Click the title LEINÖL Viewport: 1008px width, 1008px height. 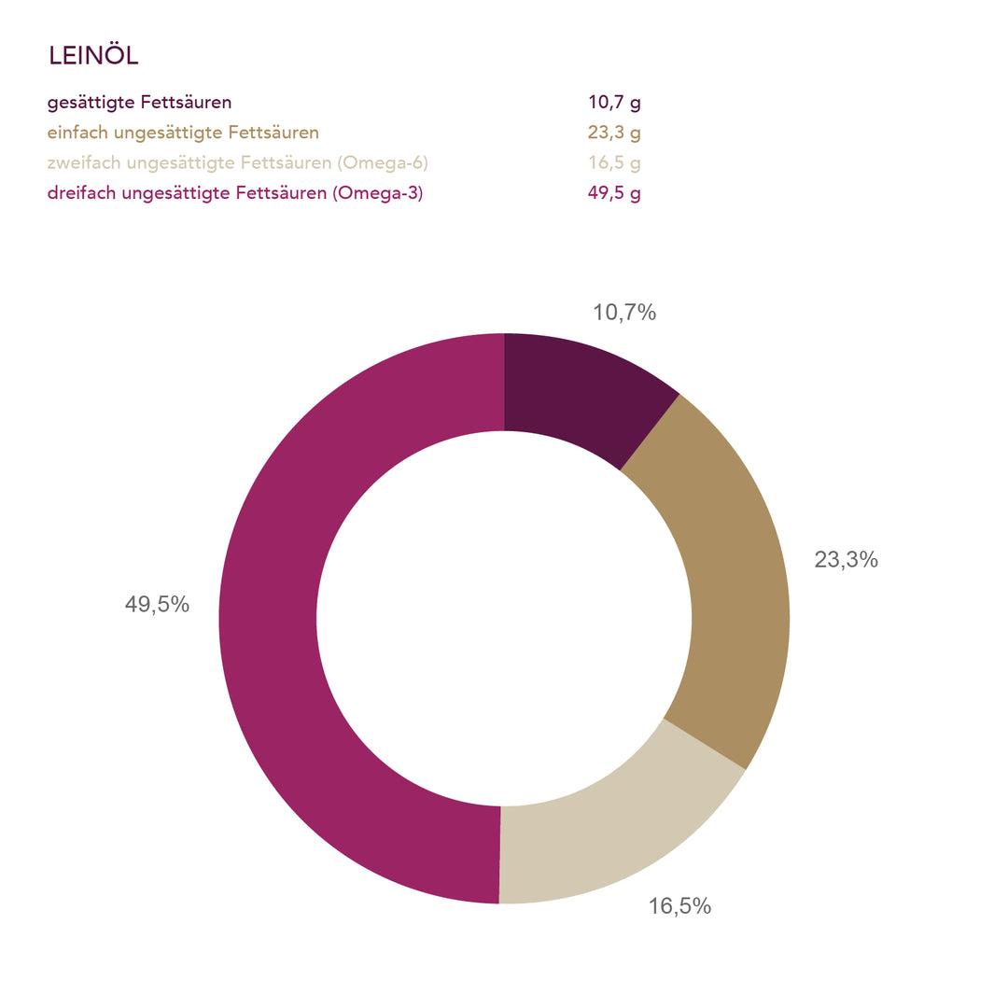[93, 56]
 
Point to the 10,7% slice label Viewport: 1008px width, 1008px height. [624, 314]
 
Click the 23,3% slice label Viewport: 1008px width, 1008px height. [846, 560]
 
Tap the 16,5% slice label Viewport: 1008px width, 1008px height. [679, 905]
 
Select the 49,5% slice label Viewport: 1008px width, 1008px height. [157, 605]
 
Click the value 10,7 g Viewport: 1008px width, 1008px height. [614, 103]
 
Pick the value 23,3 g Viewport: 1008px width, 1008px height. [614, 133]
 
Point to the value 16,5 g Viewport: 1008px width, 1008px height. [614, 163]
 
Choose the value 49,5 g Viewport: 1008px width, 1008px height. [614, 194]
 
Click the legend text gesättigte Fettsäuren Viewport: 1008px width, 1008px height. [140, 103]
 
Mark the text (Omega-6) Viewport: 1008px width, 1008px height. [384, 163]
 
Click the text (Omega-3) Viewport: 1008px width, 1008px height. [383, 194]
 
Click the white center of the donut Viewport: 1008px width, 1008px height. [504, 618]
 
